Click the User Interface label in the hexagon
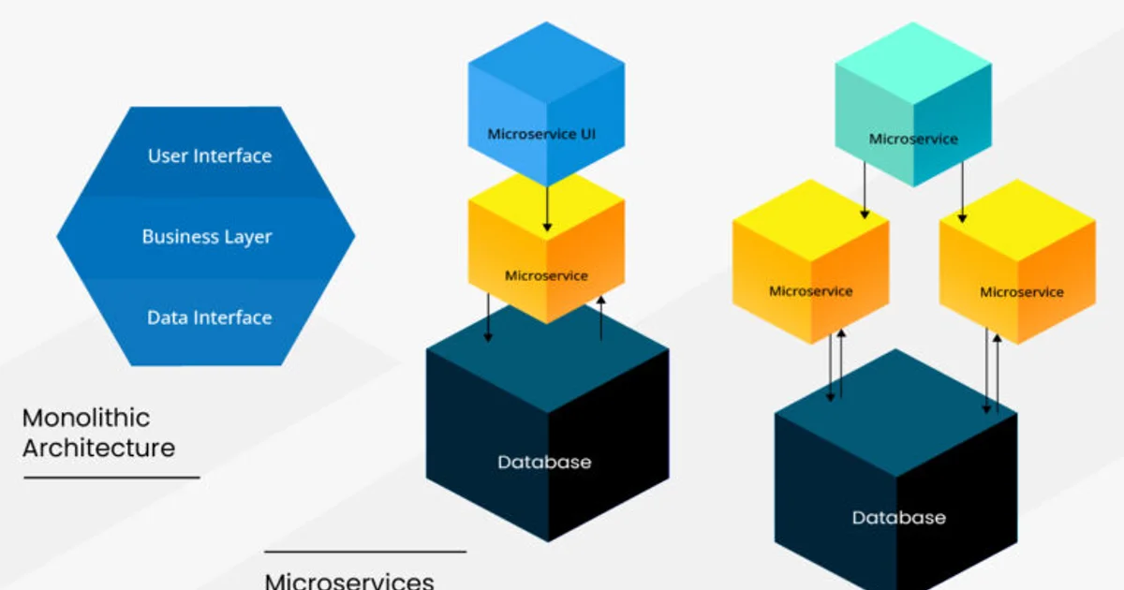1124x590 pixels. click(x=210, y=156)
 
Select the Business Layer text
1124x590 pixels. click(x=207, y=237)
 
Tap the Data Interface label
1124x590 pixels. click(x=210, y=317)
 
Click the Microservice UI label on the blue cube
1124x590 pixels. click(x=541, y=134)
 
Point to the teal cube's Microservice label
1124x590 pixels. click(x=913, y=139)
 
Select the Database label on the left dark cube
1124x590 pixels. click(x=544, y=462)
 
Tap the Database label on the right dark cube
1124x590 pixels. click(x=898, y=517)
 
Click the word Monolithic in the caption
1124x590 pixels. click(x=86, y=418)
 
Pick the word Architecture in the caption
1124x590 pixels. click(x=98, y=448)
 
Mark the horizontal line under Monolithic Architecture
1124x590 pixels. click(x=111, y=478)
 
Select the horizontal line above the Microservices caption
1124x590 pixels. click(x=364, y=552)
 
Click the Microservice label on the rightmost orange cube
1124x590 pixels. click(x=1022, y=291)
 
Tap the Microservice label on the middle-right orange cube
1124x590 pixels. click(x=810, y=290)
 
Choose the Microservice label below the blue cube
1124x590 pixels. click(x=546, y=275)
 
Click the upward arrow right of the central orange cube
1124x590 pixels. click(x=601, y=318)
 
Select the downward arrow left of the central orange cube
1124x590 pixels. click(x=487, y=318)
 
